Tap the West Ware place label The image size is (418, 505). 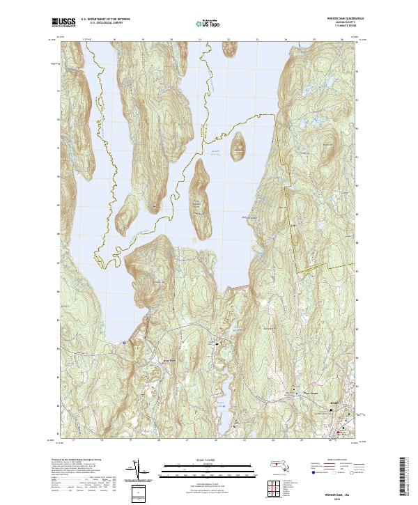click(169, 360)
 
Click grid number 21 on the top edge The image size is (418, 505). click(200, 40)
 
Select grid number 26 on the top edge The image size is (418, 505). click(343, 40)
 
